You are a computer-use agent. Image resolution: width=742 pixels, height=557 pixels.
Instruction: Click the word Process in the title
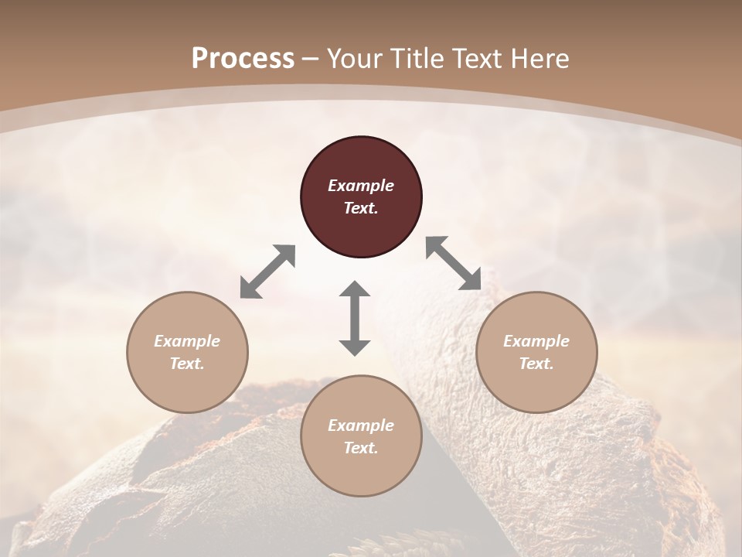(243, 59)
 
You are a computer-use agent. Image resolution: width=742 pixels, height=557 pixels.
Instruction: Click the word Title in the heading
(416, 59)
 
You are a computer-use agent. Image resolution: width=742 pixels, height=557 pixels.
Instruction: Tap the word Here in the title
(539, 59)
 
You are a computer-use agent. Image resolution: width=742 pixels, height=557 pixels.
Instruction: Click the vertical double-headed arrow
(355, 318)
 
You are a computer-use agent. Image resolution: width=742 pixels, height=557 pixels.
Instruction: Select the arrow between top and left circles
(267, 272)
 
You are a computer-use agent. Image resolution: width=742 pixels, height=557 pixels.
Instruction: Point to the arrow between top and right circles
(454, 263)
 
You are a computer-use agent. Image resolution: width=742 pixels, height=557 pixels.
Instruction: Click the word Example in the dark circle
(361, 186)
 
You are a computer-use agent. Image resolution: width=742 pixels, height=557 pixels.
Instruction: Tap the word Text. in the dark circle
(361, 208)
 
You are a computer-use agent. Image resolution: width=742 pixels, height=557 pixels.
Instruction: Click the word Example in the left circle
(187, 341)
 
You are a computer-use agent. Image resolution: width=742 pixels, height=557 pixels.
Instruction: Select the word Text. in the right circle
(536, 364)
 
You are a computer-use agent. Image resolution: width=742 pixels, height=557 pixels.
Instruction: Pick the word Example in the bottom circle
(361, 425)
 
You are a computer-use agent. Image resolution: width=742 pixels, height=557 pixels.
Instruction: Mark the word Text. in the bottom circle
(361, 448)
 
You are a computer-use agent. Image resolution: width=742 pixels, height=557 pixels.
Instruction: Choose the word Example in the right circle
(536, 341)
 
